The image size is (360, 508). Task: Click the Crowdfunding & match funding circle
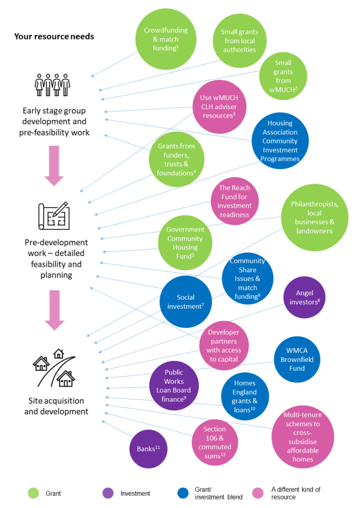pyautogui.click(x=166, y=39)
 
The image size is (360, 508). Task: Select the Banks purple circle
pyautogui.click(x=148, y=449)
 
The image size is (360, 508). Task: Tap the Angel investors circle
pyautogui.click(x=304, y=297)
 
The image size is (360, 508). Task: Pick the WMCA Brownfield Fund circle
pyautogui.click(x=297, y=359)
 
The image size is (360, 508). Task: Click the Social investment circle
pyautogui.click(x=185, y=302)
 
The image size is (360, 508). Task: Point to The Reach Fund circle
pyautogui.click(x=235, y=201)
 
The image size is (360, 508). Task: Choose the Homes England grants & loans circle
pyautogui.click(x=245, y=396)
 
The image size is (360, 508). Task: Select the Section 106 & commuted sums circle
pyautogui.click(x=215, y=442)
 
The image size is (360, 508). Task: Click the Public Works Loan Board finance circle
pyautogui.click(x=174, y=386)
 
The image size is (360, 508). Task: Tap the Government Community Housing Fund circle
pyautogui.click(x=185, y=243)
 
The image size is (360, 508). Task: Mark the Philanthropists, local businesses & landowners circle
pyautogui.click(x=315, y=218)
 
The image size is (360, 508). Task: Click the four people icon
pyautogui.click(x=52, y=85)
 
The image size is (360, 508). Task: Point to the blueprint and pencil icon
pyautogui.click(x=54, y=216)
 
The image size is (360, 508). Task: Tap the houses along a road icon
pyautogui.click(x=54, y=368)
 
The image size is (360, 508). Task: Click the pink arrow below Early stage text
pyautogui.click(x=54, y=166)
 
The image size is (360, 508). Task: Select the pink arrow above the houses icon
pyautogui.click(x=54, y=310)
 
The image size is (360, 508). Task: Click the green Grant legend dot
pyautogui.click(x=34, y=493)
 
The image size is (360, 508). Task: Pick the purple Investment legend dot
pyautogui.click(x=108, y=493)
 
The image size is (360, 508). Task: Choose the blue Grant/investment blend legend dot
pyautogui.click(x=183, y=493)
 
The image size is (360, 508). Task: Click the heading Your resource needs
pyautogui.click(x=54, y=36)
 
